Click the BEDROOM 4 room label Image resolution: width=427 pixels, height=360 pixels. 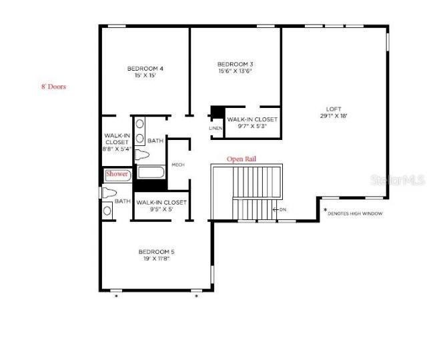[x=145, y=68]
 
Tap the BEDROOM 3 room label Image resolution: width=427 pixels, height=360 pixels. [x=236, y=64]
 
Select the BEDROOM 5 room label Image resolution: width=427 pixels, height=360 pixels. [x=156, y=251]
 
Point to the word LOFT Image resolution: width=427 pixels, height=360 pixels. [x=334, y=109]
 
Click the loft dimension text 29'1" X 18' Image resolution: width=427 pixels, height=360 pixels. [x=334, y=115]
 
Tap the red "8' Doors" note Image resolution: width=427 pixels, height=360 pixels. [x=53, y=87]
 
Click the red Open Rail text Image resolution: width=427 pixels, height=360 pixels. [x=242, y=159]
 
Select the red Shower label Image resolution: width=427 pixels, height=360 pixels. [x=117, y=174]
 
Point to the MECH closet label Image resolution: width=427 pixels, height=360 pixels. [x=177, y=165]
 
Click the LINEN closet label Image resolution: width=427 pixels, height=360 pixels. [x=216, y=128]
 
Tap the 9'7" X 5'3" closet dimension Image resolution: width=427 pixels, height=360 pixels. [x=252, y=127]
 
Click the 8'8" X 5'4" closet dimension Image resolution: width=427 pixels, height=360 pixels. [x=116, y=150]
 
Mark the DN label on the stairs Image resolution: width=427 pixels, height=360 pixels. [x=283, y=209]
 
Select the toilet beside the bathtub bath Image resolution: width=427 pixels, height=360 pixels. [x=142, y=155]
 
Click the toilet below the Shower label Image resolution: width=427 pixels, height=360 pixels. [x=109, y=193]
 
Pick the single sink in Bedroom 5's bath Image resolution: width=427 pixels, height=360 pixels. [x=107, y=211]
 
